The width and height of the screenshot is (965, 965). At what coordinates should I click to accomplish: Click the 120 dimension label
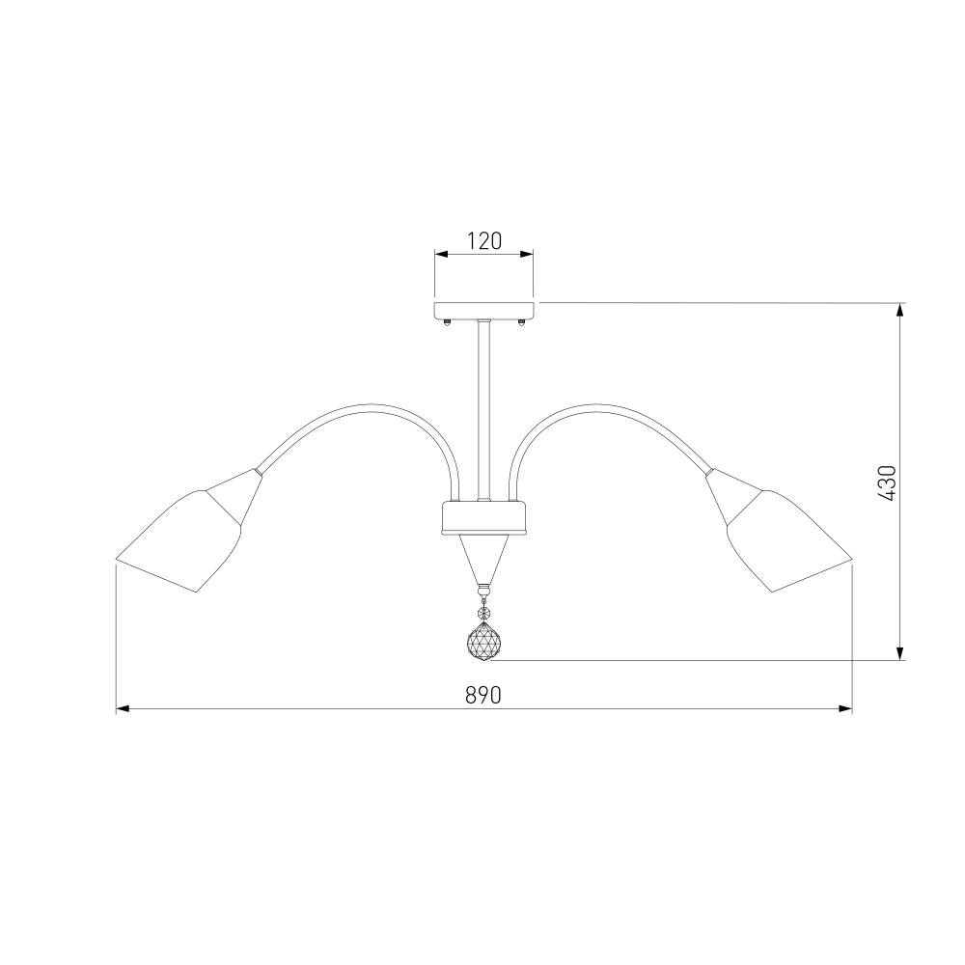click(483, 241)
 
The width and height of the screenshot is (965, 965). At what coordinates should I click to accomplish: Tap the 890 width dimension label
click(483, 696)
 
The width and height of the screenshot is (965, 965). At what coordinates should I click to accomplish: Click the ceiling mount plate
click(483, 310)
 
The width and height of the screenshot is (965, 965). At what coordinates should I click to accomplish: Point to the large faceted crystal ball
click(483, 643)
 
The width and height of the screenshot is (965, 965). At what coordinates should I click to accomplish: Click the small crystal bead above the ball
click(483, 613)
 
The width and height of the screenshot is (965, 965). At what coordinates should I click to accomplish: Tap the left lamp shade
click(179, 541)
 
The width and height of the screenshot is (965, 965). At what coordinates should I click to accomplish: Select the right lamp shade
click(789, 541)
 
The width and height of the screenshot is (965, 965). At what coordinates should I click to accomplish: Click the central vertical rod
click(483, 410)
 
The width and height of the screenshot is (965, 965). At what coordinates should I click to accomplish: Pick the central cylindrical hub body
click(483, 517)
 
